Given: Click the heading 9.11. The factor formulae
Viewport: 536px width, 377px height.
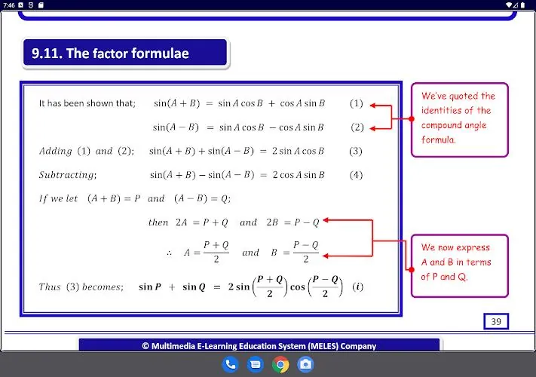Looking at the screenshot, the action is pos(110,54).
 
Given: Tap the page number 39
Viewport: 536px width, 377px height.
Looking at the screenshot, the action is pos(496,321).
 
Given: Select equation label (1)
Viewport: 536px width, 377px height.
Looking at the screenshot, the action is pos(356,103).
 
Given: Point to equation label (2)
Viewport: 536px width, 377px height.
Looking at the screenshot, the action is pos(357,127).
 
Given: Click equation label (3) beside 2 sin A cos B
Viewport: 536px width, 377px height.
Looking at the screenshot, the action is pos(356,151).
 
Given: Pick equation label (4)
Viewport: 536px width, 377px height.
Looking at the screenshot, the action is pos(356,175).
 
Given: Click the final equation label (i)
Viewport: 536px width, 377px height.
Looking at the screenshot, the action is pos(357,287).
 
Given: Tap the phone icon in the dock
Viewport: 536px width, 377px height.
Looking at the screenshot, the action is pos(230,364).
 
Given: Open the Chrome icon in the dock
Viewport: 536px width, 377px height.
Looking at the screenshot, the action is pos(280,364).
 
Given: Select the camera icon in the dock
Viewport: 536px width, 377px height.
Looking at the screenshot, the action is pos(305,364).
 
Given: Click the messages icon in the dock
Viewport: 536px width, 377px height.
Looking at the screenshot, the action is pos(255,364).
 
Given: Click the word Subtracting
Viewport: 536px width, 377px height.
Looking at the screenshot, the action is pos(68,175).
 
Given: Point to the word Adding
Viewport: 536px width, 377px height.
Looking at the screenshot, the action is pos(55,151).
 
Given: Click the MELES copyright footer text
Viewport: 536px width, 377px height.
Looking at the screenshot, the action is pos(259,346).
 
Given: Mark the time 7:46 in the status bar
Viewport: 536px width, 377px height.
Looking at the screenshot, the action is pos(9,5).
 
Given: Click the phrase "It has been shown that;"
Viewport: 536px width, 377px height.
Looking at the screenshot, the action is pos(87,103).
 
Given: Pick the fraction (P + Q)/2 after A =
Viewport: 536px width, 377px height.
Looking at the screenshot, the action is pos(216,253).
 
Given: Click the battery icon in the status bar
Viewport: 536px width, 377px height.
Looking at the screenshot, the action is pos(522,5).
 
